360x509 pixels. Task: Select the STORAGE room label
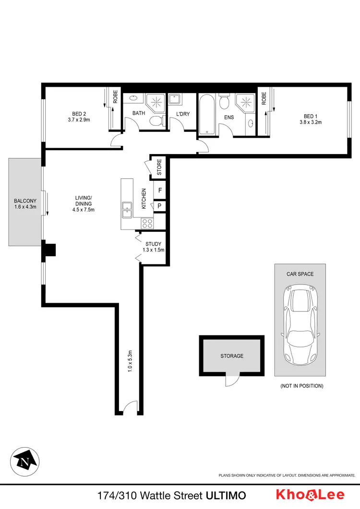click(x=232, y=356)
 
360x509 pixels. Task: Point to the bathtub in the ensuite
click(x=207, y=114)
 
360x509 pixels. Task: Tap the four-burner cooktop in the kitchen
click(x=146, y=223)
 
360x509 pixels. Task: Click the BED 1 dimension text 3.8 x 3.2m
click(x=311, y=122)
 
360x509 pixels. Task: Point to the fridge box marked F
click(x=159, y=190)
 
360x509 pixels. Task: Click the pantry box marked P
click(x=159, y=206)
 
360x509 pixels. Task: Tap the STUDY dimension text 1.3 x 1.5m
click(x=155, y=250)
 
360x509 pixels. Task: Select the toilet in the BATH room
click(x=155, y=121)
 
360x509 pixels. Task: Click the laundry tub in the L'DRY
click(x=176, y=99)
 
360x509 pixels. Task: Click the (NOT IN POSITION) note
click(x=301, y=386)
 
